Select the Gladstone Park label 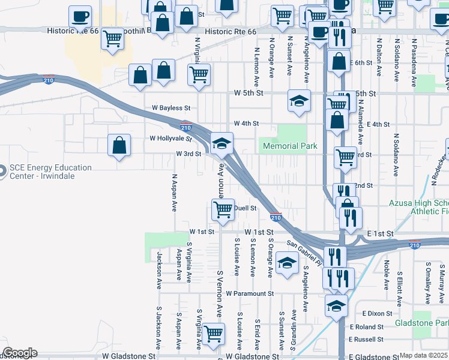point(421,323)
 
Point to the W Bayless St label point(170,108)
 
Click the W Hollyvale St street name point(170,139)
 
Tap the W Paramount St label point(250,294)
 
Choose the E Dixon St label point(377,313)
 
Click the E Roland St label point(369,327)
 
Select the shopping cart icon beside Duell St point(223,210)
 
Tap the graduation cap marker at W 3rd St point(221,143)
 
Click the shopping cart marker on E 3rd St point(345,157)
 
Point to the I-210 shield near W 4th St point(186,127)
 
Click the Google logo point(20,353)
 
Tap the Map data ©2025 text point(424,355)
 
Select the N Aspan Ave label point(175,193)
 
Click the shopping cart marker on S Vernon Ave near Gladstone point(213,334)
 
